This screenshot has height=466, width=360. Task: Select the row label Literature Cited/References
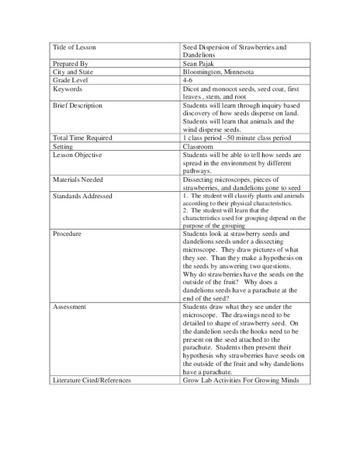pyautogui.click(x=92, y=381)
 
